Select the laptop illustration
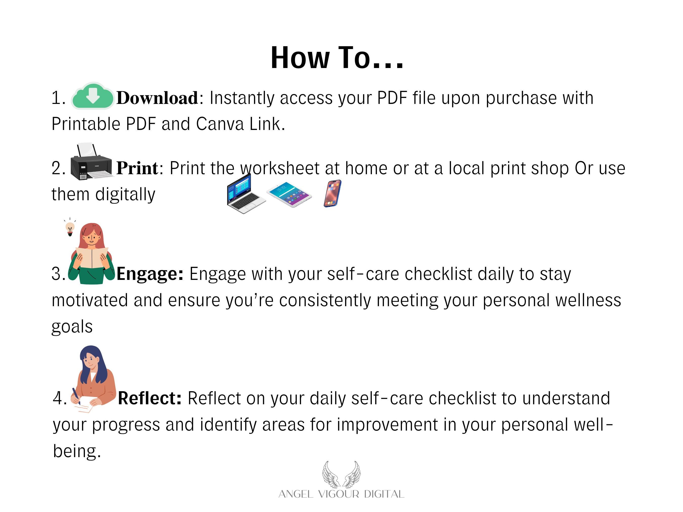[246, 193]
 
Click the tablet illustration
[289, 194]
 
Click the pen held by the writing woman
[76, 396]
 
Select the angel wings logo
[341, 474]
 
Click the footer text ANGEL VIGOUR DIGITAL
[341, 494]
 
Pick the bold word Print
[137, 168]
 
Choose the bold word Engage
[150, 274]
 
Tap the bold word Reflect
[150, 398]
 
